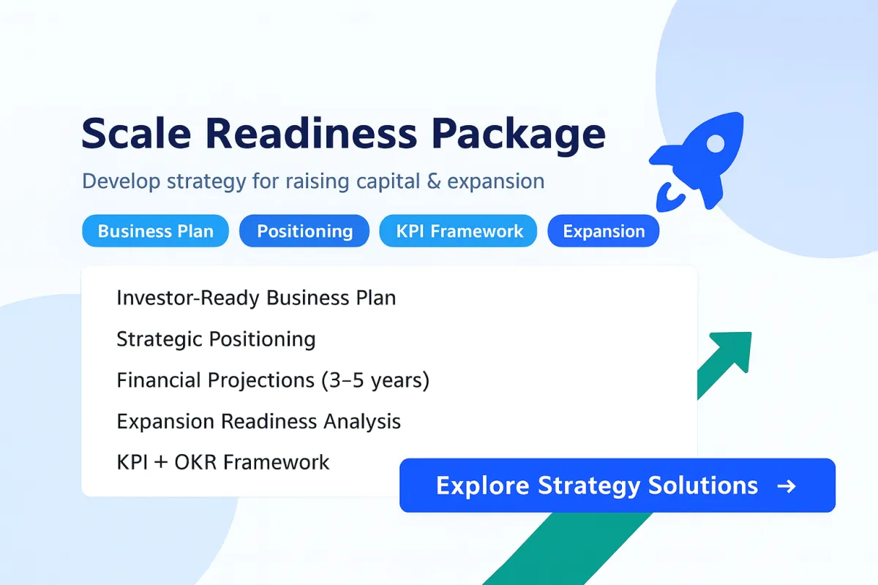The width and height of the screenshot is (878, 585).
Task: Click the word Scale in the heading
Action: coord(136,133)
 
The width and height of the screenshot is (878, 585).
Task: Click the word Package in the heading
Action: coord(519,135)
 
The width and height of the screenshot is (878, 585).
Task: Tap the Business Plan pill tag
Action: coord(156,231)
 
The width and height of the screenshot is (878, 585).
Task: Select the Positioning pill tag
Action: coord(304,231)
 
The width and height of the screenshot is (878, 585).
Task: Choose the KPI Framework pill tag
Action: coord(458,231)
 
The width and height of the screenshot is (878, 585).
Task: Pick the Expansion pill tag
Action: coord(604,231)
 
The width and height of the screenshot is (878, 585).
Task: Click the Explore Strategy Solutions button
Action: coord(618,485)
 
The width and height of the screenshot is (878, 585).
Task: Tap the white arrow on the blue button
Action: coord(787,486)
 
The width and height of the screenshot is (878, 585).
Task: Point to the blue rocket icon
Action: coord(697,162)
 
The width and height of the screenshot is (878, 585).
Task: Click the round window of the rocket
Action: coord(716,144)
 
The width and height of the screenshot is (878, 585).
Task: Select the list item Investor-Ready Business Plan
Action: coord(256,298)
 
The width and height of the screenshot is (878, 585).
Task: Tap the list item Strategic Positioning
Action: coord(216,339)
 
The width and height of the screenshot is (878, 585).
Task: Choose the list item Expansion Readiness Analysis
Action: coord(259,422)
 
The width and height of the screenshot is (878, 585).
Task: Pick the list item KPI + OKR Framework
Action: coord(223,462)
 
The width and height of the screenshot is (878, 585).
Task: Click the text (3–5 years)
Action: coord(375,380)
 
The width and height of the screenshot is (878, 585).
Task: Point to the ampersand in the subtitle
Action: coord(433,181)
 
